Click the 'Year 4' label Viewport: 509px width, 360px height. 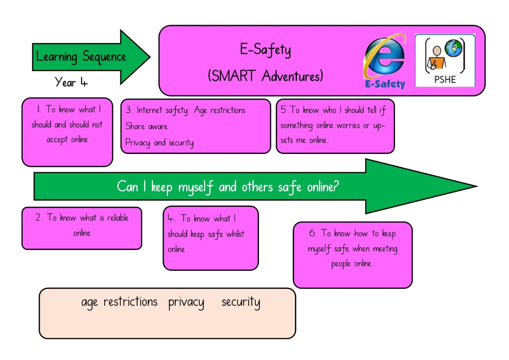[71, 82]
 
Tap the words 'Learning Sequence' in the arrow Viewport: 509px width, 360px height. [81, 57]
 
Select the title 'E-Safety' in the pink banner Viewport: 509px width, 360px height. [265, 50]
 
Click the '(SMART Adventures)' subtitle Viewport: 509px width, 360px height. [265, 76]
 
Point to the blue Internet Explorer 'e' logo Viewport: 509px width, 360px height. [385, 57]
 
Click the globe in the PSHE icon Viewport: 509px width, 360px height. [453, 48]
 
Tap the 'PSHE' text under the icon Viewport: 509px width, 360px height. [445, 80]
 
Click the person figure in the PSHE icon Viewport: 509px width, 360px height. [436, 58]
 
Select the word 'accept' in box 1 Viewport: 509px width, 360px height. [57, 140]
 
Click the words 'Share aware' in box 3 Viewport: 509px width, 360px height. [146, 126]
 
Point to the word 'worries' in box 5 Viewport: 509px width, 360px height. [348, 125]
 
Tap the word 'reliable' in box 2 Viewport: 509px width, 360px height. [118, 218]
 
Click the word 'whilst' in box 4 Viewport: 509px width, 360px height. [235, 234]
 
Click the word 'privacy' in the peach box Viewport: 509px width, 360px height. [186, 303]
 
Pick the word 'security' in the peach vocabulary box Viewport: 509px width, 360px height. [241, 303]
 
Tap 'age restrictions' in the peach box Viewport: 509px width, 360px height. [119, 303]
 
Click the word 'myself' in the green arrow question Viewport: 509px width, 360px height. [196, 187]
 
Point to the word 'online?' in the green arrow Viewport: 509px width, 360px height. [323, 187]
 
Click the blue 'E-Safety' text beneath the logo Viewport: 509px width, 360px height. [385, 84]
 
